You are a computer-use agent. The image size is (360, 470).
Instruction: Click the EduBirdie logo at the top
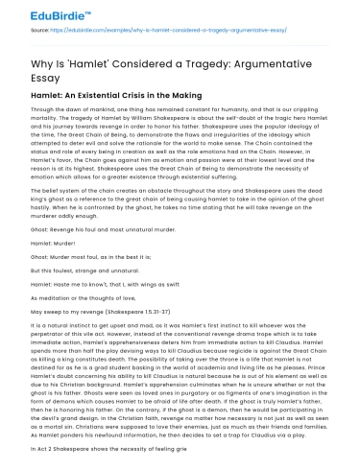[45, 12]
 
